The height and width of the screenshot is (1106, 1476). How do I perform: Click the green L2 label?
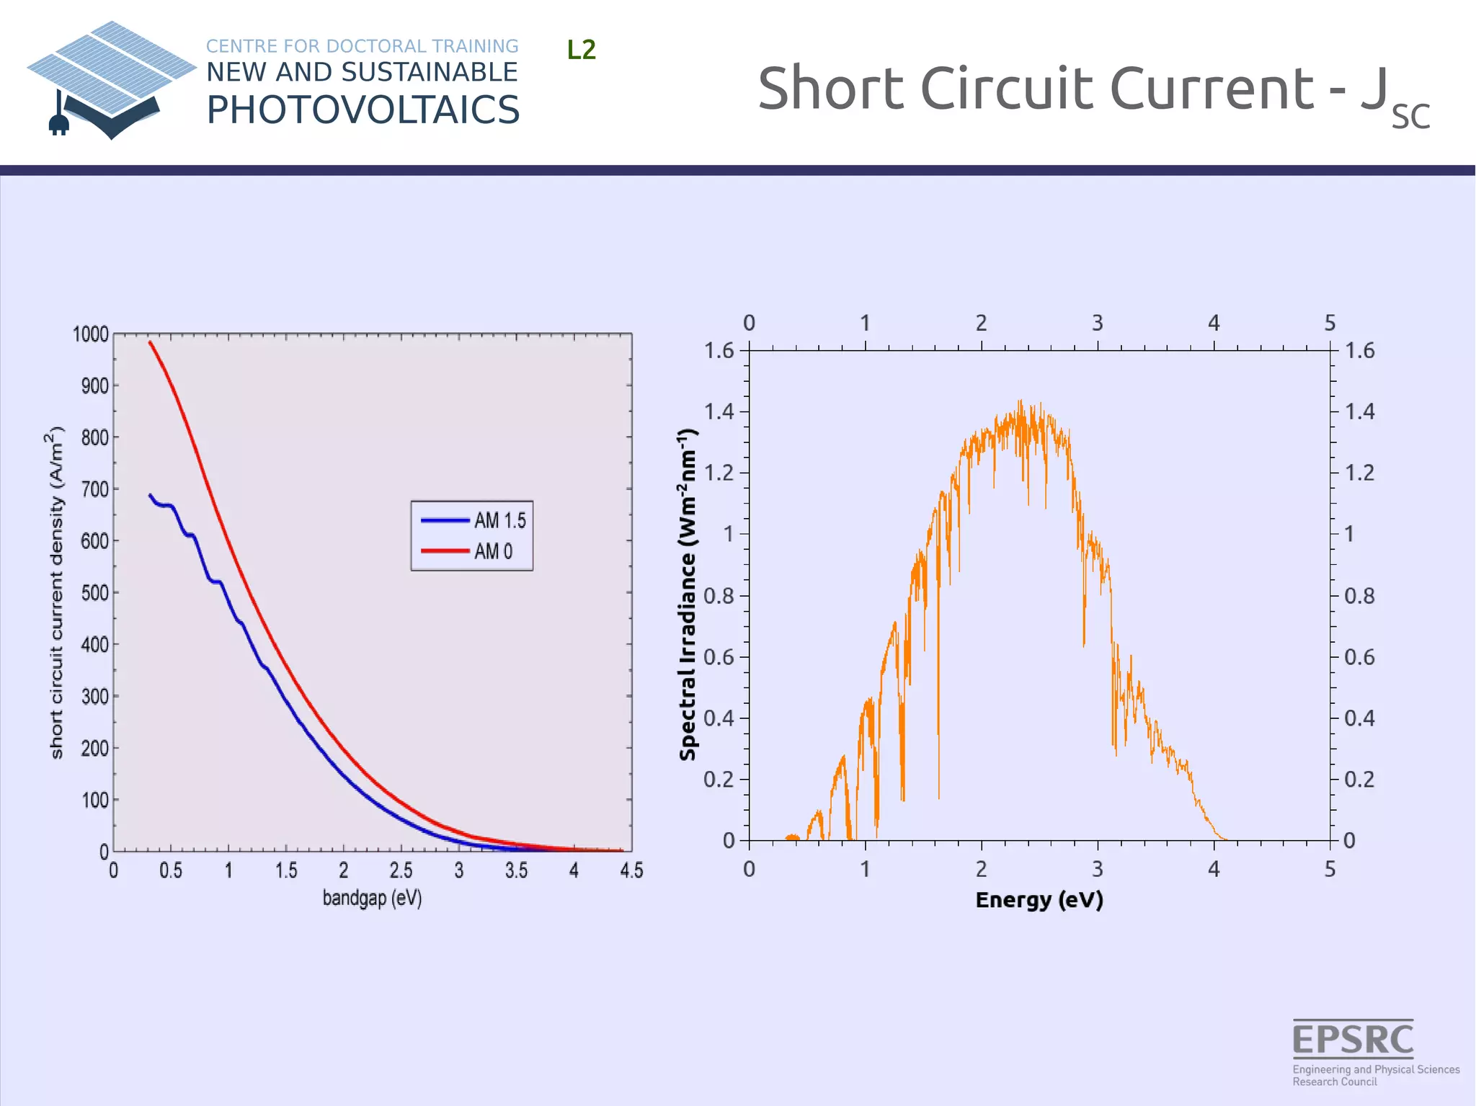(x=581, y=50)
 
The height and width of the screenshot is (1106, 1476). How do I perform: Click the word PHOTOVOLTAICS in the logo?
(x=363, y=110)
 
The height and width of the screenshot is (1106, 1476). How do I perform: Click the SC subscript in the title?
(x=1410, y=117)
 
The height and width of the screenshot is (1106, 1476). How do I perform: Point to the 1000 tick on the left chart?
(x=91, y=334)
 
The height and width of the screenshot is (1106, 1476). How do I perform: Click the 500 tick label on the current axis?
(x=94, y=593)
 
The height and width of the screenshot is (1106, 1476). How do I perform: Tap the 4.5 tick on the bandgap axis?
(x=631, y=870)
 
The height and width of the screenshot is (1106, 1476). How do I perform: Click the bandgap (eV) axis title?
(x=372, y=898)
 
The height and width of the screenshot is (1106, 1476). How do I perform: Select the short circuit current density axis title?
(x=57, y=592)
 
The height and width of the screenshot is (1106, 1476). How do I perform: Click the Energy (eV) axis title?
(x=1039, y=900)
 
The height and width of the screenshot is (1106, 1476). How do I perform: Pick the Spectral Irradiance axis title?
(x=688, y=594)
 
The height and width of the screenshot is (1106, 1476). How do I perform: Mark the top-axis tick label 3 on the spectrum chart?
(x=1097, y=323)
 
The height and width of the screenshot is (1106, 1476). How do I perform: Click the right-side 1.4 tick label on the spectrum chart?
(x=1359, y=411)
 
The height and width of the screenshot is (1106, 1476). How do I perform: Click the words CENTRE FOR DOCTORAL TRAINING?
(x=362, y=46)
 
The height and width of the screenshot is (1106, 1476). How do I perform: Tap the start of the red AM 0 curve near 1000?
(x=150, y=342)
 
